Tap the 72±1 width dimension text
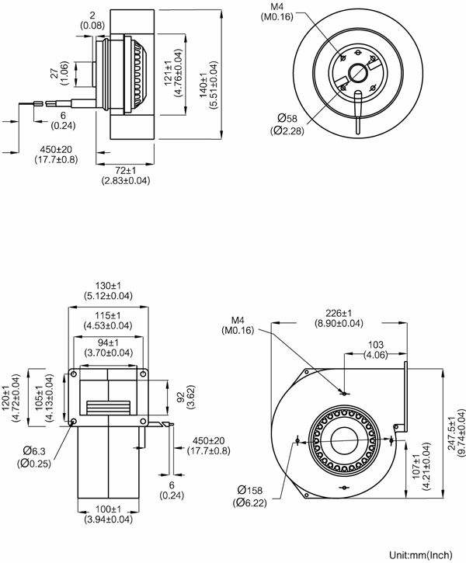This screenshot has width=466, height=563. coord(125,169)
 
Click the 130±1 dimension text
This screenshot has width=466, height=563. coord(109,285)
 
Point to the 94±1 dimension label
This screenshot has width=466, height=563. coord(109,342)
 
